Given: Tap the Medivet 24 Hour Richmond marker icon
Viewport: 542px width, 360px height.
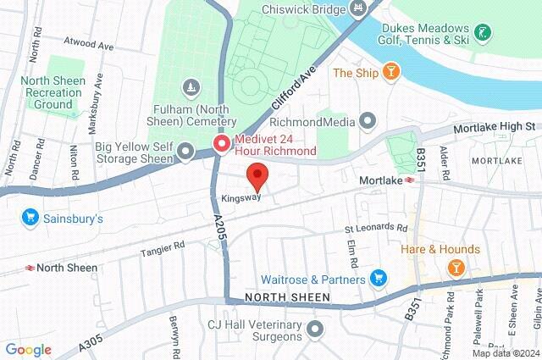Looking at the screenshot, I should point(222,144).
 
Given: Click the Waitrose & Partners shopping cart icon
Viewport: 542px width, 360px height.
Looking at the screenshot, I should point(378,278).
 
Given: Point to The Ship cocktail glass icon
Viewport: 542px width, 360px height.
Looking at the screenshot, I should point(390,72).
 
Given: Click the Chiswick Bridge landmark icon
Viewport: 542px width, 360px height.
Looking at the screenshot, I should point(358,8).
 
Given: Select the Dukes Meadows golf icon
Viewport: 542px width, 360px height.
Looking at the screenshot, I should point(483,34).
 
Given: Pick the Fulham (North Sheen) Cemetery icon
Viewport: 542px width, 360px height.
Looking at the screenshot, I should point(191,87).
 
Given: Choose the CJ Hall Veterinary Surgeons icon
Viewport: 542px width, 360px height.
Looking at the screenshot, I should point(316,328).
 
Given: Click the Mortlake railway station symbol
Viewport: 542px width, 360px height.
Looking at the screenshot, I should point(409,180).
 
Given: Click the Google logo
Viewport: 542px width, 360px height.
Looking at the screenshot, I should point(28,350).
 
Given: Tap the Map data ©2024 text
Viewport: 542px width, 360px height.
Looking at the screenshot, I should point(505,353).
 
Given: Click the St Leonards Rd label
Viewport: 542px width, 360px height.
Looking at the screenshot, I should point(376,229).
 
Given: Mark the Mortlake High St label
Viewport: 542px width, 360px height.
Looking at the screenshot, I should point(495,127).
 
